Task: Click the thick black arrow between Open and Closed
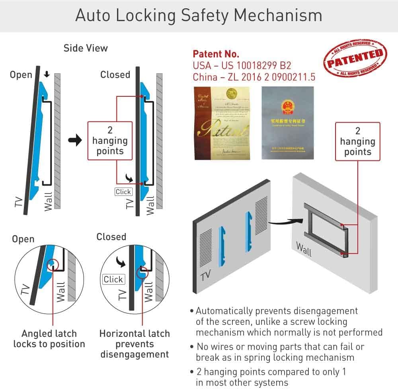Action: pos(75,141)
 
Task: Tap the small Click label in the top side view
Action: pos(123,192)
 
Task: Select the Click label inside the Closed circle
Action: pos(113,279)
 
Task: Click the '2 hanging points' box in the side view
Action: pos(110,141)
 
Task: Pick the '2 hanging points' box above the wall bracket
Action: pos(357,141)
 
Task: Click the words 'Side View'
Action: pos(86,48)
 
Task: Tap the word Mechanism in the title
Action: pos(278,16)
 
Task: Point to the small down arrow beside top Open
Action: pos(47,75)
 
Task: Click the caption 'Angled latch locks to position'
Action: pos(49,339)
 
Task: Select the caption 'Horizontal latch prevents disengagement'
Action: pos(135,344)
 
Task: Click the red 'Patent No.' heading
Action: pos(216,54)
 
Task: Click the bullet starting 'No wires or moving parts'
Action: pos(279,352)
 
